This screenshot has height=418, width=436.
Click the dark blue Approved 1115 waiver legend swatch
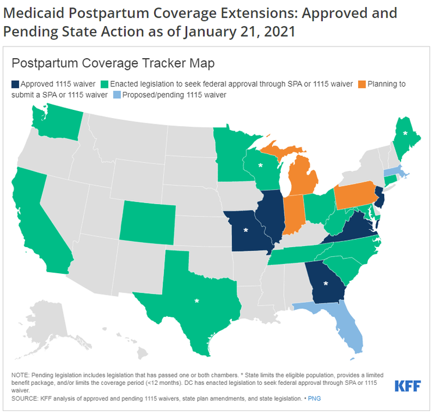point(15,84)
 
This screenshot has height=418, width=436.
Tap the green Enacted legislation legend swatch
point(104,84)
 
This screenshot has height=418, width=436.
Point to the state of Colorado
point(148,223)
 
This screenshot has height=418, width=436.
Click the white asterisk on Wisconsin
point(260,166)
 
